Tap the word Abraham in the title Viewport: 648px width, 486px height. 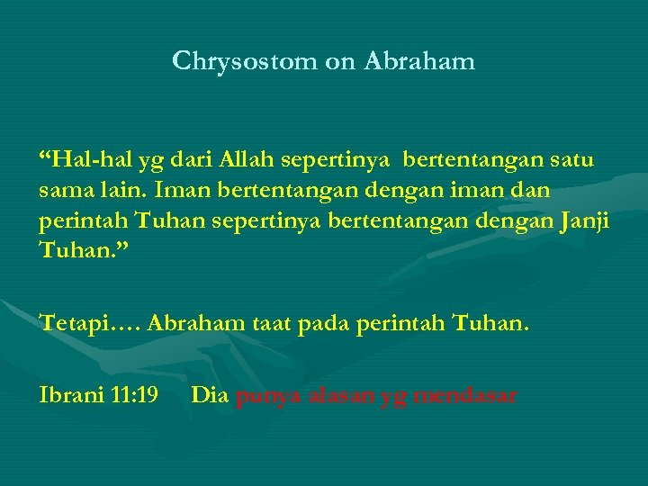(420, 61)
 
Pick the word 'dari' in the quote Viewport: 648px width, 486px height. (190, 161)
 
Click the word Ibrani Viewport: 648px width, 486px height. (66, 394)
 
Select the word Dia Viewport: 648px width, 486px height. (210, 394)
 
